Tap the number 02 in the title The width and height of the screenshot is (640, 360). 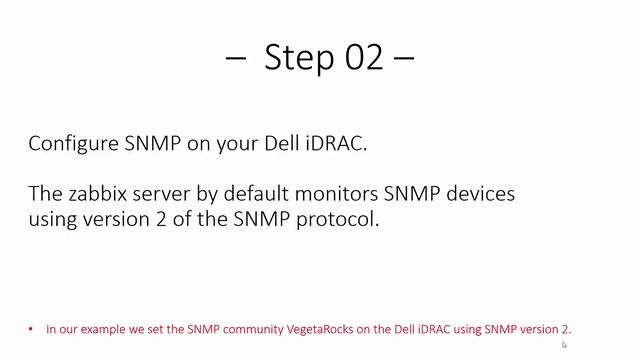(x=360, y=58)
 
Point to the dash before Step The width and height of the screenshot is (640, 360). (x=236, y=58)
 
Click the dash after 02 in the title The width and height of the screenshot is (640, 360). (x=403, y=58)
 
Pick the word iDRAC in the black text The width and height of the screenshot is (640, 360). (x=337, y=144)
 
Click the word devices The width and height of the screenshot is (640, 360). (x=481, y=192)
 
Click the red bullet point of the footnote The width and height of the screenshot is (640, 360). (x=33, y=329)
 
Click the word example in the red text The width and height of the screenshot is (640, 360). (x=86, y=329)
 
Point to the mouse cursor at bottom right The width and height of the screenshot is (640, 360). (x=564, y=345)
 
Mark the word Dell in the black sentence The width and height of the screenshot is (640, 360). (x=291, y=144)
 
